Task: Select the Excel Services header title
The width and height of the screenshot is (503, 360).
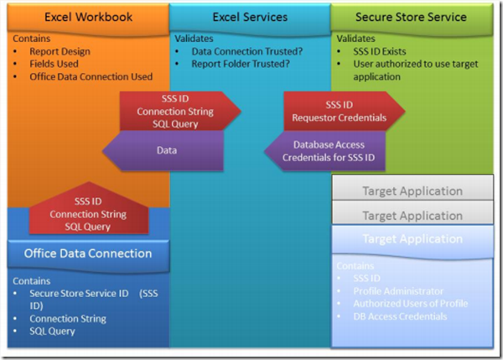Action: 249,17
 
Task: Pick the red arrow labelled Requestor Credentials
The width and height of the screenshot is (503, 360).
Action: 344,111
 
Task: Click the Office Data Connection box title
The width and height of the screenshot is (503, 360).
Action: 87,253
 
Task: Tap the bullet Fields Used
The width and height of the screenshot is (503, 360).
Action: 58,64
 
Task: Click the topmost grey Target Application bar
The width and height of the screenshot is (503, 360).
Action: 412,191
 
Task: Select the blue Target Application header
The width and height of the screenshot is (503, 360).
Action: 412,239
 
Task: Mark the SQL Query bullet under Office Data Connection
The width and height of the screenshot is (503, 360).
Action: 52,331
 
